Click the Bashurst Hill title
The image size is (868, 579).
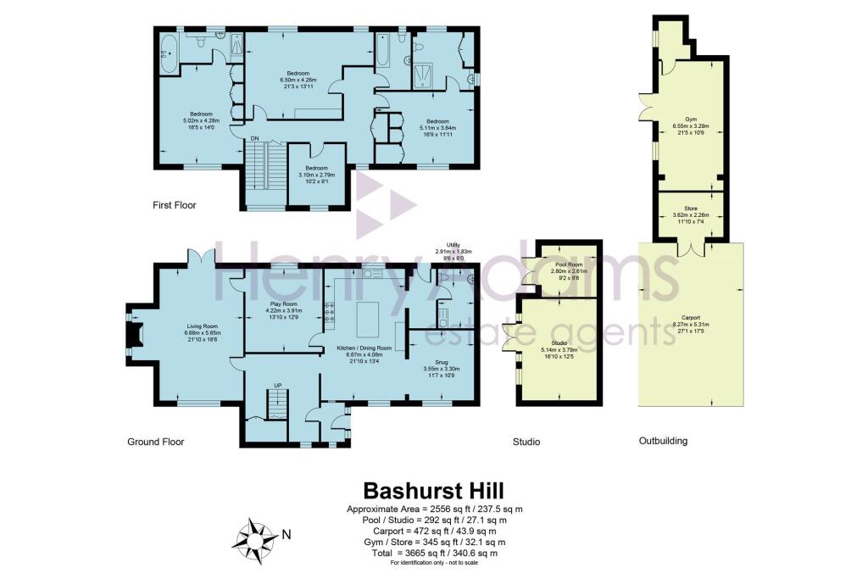click(x=433, y=491)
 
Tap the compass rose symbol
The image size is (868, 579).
click(x=255, y=536)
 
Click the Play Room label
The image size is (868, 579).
click(x=283, y=309)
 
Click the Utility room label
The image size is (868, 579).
click(x=445, y=250)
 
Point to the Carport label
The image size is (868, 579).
click(x=690, y=319)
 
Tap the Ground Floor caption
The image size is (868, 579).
click(x=155, y=442)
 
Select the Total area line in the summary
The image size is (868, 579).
click(x=433, y=553)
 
